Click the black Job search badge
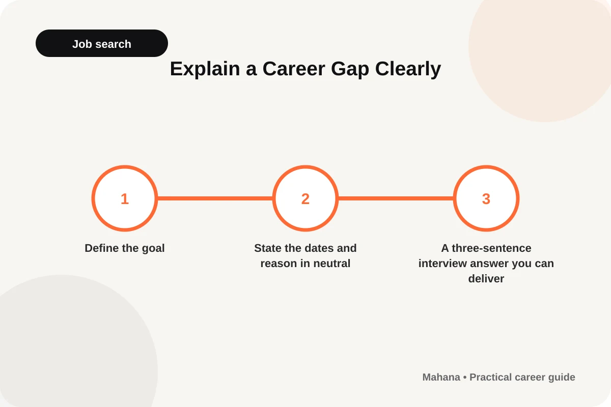tap(102, 43)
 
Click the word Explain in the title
tap(205, 69)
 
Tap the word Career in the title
tap(294, 69)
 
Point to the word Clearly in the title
tap(408, 69)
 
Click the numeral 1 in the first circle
tap(125, 199)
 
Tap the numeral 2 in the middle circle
tap(305, 199)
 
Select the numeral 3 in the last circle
tap(486, 199)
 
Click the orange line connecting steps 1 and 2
tap(215, 198)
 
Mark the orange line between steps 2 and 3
tap(396, 198)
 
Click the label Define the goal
tap(125, 248)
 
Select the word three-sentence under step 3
tap(491, 248)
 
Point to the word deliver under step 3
tap(486, 279)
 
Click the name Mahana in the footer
tap(441, 377)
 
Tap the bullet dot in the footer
tap(465, 377)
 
